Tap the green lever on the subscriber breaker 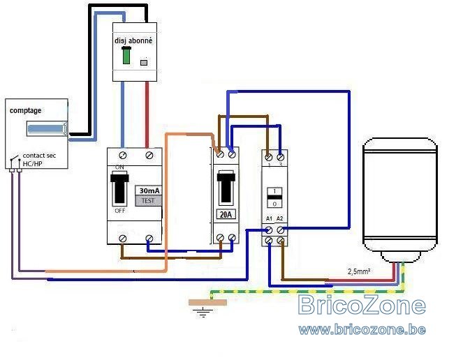tap(126, 57)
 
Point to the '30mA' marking tap(148, 190)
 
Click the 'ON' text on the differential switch tap(119, 168)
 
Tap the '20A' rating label tap(226, 214)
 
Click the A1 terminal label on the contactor tap(269, 219)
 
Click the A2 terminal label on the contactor tap(280, 219)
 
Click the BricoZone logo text tap(361, 306)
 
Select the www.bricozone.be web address tap(361, 329)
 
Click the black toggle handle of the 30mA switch tap(119, 188)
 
